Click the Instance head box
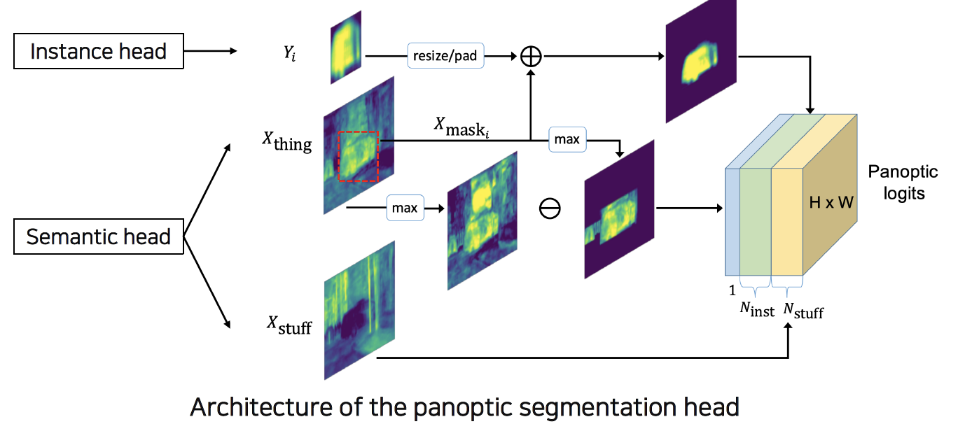point(99,51)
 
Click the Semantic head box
point(99,236)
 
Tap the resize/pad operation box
point(446,55)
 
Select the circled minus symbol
point(550,209)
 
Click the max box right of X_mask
point(567,139)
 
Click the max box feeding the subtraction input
point(405,208)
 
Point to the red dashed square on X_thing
point(358,156)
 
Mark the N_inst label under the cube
point(757,309)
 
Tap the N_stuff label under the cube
point(803,309)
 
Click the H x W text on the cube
point(831,203)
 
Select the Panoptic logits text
point(903,182)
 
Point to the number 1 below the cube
point(732,290)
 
